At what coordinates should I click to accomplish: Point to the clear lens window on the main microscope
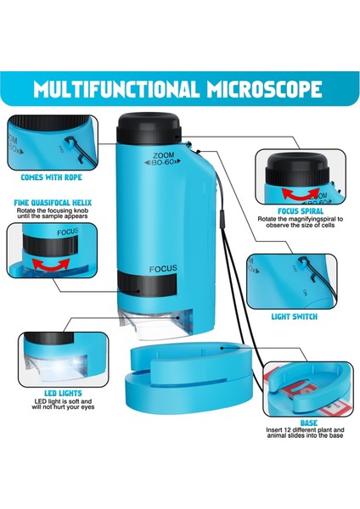pos(153,320)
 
